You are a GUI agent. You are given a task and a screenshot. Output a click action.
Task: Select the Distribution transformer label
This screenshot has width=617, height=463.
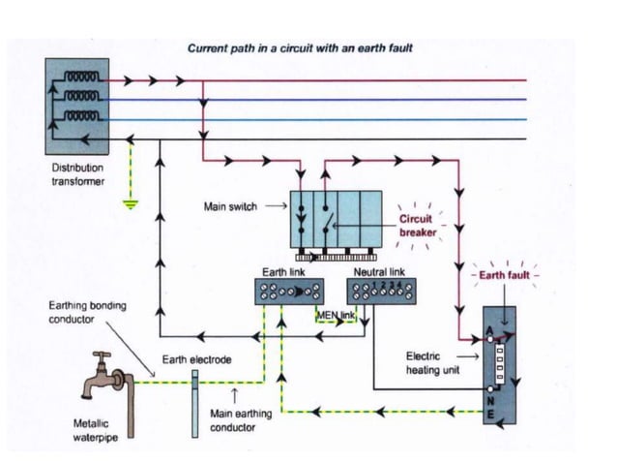[x=77, y=174]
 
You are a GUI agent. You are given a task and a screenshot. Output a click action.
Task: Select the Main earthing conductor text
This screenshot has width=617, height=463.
[x=241, y=419]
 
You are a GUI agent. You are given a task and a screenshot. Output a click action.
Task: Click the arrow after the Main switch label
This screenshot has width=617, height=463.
[x=275, y=206]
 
